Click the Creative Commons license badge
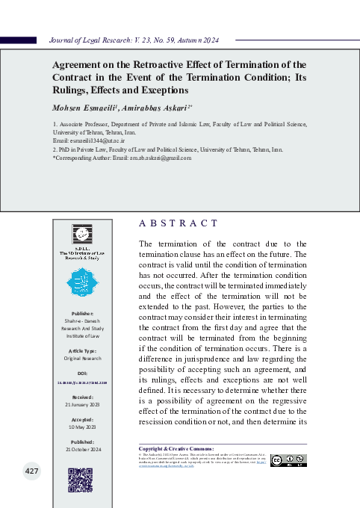(288, 460)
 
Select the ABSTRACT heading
(179, 223)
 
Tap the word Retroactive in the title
(147, 64)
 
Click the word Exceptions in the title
(159, 89)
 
